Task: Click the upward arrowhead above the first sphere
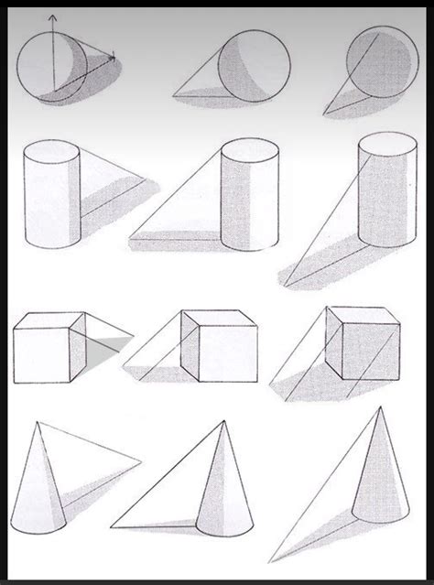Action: (52, 17)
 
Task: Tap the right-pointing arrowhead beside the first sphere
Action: (113, 57)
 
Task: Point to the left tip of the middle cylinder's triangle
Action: (132, 234)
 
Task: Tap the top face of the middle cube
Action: (219, 319)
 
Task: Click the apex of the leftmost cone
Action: (38, 424)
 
